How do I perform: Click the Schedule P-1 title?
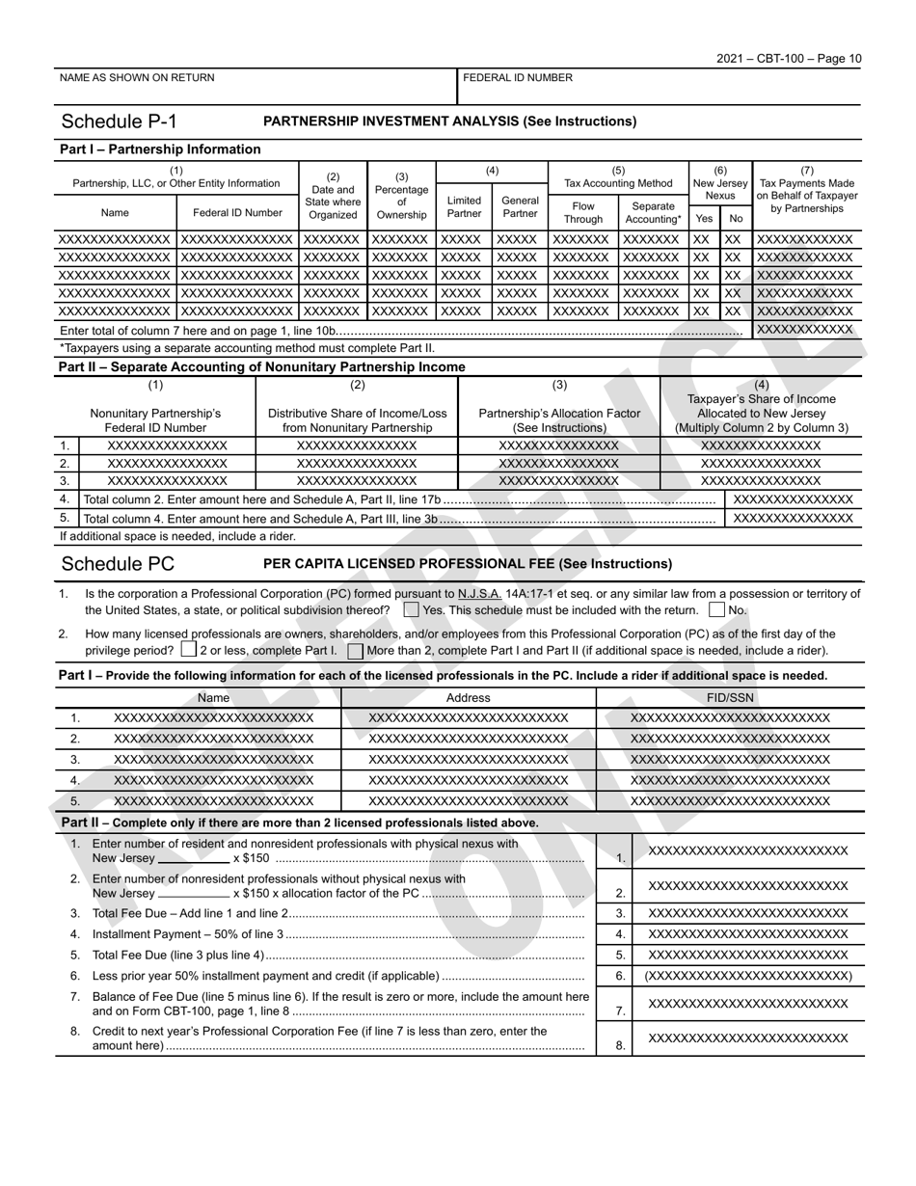(x=119, y=121)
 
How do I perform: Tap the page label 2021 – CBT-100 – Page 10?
(x=789, y=59)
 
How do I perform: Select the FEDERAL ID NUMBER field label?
(x=518, y=78)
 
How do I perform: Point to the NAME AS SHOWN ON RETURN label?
(x=137, y=78)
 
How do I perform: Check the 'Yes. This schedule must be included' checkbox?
(x=412, y=610)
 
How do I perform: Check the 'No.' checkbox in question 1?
(x=716, y=610)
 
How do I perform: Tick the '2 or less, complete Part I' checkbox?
(x=189, y=650)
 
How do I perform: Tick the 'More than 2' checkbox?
(x=356, y=650)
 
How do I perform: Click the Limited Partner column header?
(x=464, y=207)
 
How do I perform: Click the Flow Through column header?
(x=583, y=212)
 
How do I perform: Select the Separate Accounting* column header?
(x=652, y=212)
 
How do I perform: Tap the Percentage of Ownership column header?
(x=401, y=196)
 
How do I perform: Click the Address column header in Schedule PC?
(x=469, y=697)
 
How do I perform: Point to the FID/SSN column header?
(x=730, y=697)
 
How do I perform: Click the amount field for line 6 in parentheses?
(x=748, y=976)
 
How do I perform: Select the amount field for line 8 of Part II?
(x=748, y=1038)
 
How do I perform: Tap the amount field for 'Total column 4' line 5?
(x=794, y=518)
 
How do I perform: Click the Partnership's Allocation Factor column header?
(x=559, y=420)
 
